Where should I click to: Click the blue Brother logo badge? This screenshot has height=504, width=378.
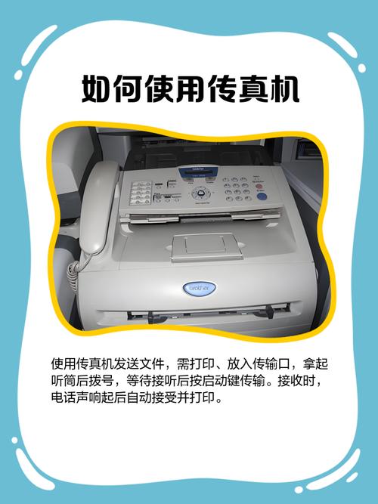pos(200,289)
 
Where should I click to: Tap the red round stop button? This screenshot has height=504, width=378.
pos(259,187)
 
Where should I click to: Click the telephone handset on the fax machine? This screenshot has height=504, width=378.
pos(98,206)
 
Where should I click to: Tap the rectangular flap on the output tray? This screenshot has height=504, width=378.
pos(206,246)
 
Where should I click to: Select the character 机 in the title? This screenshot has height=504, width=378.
pos(285,88)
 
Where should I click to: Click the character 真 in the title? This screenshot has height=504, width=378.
pos(253,88)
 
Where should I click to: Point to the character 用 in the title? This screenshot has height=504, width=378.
pos(191,88)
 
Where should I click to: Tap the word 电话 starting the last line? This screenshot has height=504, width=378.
pos(64,397)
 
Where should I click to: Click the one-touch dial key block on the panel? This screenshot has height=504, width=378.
pos(141,193)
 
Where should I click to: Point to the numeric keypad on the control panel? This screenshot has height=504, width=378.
pos(237,189)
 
